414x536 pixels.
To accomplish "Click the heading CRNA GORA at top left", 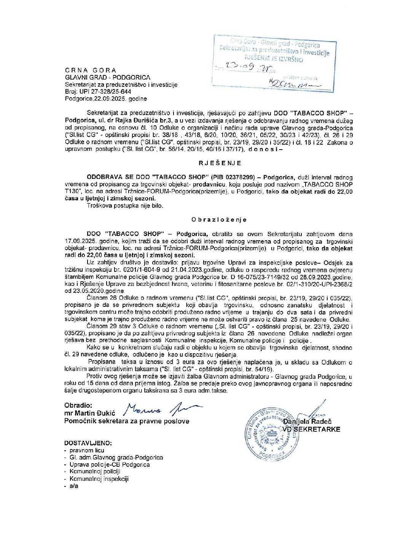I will pos(91,70).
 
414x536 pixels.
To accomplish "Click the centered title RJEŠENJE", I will pos(220,163).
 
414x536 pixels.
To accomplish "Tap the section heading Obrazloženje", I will pos(219,220).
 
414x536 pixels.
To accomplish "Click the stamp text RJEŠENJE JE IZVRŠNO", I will pos(274,59).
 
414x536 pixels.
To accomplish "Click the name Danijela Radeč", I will pos(307,421).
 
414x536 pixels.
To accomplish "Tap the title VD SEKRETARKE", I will pos(311,429).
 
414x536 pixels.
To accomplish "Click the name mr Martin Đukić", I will pos(90,413).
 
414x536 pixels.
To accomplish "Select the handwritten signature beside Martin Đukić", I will pos(162,409).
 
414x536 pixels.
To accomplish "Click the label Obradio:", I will pos(78,406).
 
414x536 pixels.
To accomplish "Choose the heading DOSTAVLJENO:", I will pos(88,443).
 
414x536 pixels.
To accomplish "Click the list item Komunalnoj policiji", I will pos(95,472).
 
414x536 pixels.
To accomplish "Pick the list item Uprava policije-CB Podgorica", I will pos(110,465).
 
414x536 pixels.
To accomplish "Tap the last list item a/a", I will pos(74,486).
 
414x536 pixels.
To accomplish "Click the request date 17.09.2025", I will pos(81,241).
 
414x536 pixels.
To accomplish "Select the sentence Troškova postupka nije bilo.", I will pos(125,206).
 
